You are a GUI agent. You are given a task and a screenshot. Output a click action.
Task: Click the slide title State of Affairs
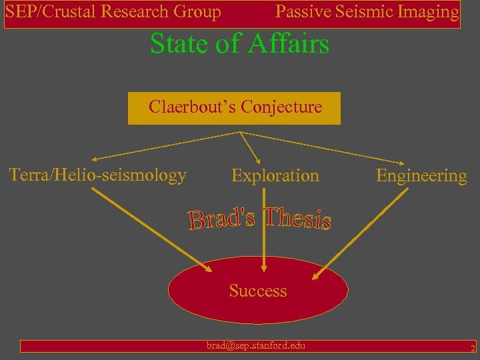pos(239,44)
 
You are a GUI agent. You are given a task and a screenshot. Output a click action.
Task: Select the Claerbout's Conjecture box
pos(234,108)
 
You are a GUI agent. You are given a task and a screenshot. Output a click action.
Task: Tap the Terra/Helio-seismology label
pos(97,175)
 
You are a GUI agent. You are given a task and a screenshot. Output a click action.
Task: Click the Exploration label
pos(275,176)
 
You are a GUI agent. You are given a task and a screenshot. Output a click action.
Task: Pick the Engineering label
pos(421,176)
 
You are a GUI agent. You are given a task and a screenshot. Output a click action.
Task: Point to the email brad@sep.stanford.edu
pos(255,345)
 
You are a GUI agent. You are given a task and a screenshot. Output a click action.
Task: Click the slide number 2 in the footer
pos(472,348)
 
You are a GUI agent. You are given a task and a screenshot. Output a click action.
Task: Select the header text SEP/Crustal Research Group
pos(113,12)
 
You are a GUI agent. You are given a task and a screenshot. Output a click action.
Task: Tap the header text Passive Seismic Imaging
pos(367,12)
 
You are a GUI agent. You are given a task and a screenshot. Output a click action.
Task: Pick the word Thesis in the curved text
pos(297,217)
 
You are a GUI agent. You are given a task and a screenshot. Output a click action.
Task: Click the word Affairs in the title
pos(288,44)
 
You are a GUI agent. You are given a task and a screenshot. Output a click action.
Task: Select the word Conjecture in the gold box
pos(281,107)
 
